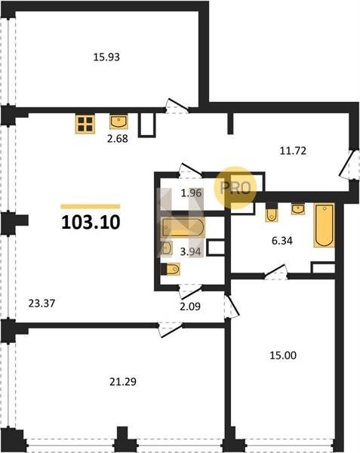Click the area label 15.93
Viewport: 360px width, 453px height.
(x=106, y=57)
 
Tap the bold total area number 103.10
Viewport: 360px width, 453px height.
(x=91, y=223)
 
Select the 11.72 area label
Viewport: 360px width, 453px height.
(x=293, y=150)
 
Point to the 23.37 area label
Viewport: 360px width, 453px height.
(x=42, y=304)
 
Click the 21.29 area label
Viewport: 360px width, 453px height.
(x=123, y=381)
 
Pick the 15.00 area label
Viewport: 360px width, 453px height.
(x=283, y=355)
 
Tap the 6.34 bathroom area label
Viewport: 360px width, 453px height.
(x=282, y=240)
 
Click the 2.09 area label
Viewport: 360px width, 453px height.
(x=190, y=306)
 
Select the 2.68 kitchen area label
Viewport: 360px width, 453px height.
(x=117, y=138)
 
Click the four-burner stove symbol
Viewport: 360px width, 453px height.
(x=85, y=124)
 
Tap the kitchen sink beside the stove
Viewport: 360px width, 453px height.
(x=118, y=122)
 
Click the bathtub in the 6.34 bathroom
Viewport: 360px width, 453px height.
(x=325, y=225)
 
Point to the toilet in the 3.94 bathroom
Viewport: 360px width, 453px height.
(x=171, y=269)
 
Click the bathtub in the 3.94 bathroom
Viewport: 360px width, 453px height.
(x=183, y=227)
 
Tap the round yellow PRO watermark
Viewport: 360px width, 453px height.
(x=235, y=188)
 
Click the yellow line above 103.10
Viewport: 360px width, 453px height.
(x=91, y=206)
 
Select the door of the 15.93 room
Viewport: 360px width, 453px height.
(x=177, y=106)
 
